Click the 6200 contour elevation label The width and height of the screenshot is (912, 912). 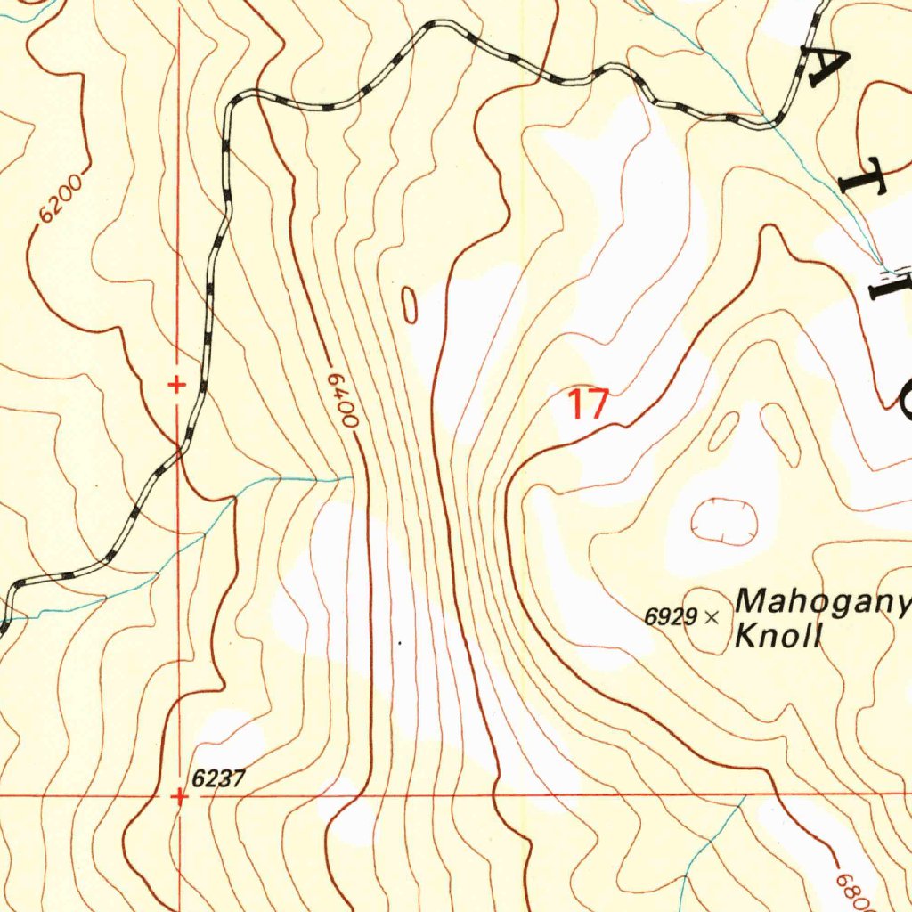[61, 198]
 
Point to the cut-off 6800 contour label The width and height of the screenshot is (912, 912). [851, 887]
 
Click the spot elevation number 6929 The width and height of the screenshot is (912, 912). [671, 616]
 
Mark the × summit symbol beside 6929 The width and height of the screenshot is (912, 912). [711, 616]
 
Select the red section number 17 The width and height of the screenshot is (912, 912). [588, 404]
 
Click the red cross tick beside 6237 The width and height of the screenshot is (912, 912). [180, 797]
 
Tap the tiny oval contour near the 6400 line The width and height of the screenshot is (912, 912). [410, 305]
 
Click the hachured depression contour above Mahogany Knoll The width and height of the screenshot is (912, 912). [724, 520]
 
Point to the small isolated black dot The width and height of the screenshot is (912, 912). [400, 642]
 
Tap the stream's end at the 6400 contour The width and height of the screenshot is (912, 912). [353, 478]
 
